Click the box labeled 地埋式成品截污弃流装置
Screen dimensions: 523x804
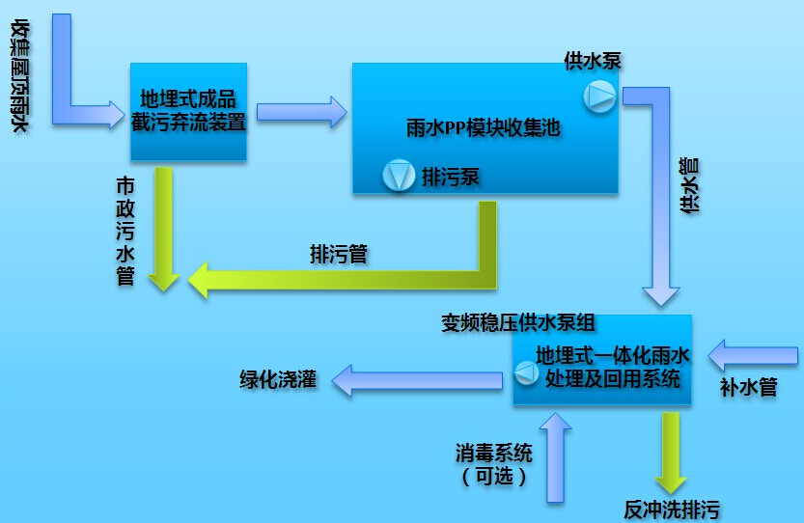[x=189, y=111]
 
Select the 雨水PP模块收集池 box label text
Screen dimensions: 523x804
[x=484, y=127]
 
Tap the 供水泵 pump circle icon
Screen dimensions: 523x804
[x=598, y=95]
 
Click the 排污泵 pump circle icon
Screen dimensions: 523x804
[x=397, y=176]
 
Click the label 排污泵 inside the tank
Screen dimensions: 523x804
[x=451, y=177]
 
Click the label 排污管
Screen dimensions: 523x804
[x=338, y=254]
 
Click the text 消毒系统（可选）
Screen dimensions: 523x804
[x=493, y=464]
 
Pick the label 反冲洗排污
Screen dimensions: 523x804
[x=672, y=509]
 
